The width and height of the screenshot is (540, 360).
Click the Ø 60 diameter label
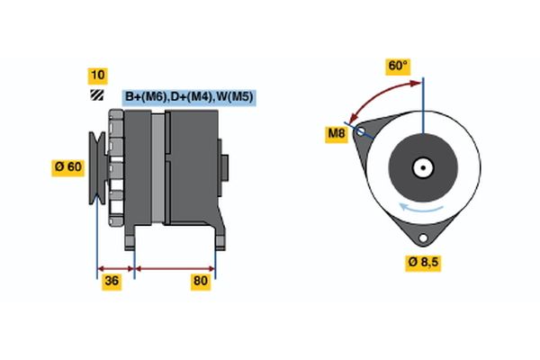click(69, 166)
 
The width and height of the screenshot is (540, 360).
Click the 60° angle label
click(397, 66)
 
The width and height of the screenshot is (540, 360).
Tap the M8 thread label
click(336, 135)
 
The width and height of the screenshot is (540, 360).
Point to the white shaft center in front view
click(422, 166)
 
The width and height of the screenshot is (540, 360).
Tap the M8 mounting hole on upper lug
click(362, 130)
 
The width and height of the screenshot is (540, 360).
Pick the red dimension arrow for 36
click(115, 268)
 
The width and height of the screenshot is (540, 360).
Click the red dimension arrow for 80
click(175, 268)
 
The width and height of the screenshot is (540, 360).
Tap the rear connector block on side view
click(224, 167)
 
